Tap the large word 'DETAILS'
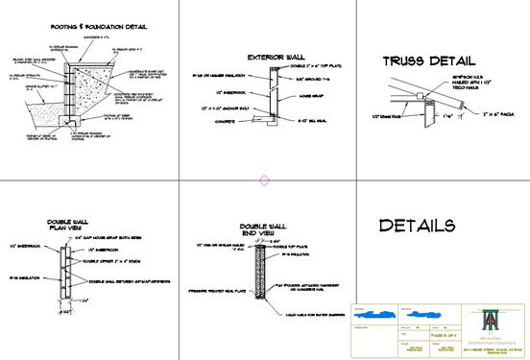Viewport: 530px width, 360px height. (x=416, y=227)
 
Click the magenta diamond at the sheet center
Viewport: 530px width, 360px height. (x=265, y=180)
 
